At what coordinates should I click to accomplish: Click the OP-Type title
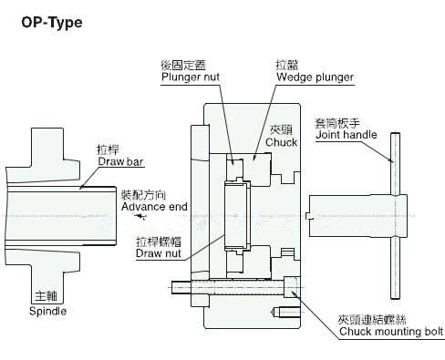pos(51,21)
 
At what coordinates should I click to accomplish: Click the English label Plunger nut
pos(192,77)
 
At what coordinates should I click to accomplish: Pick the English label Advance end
pos(154,207)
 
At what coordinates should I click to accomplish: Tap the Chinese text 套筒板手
pos(336,122)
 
